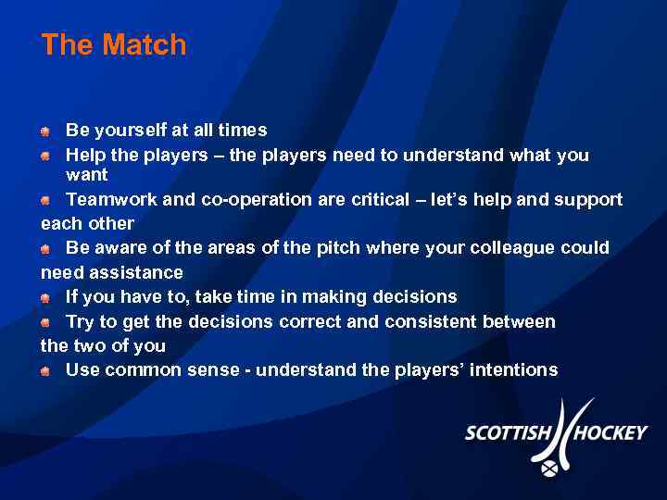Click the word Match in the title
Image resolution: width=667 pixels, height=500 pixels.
(145, 44)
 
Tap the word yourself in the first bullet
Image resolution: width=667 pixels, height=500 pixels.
(126, 131)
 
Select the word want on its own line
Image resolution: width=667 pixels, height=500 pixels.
(87, 175)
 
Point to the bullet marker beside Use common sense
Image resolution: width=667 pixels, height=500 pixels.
(45, 371)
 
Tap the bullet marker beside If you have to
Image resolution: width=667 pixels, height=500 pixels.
(45, 298)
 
